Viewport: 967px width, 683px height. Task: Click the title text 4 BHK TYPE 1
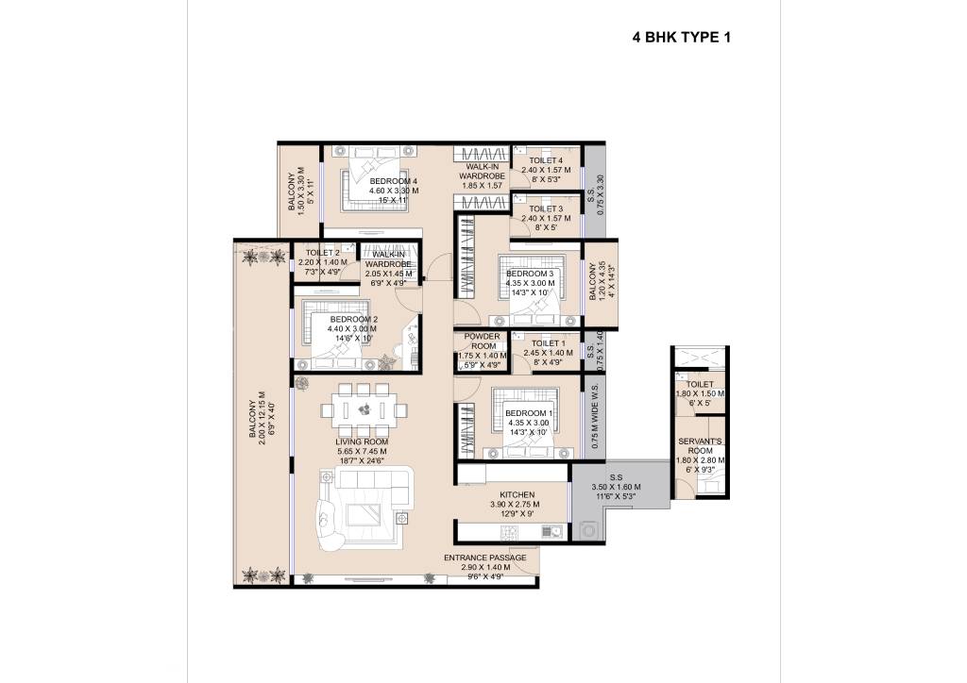(x=681, y=39)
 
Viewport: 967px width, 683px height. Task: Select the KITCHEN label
(x=513, y=494)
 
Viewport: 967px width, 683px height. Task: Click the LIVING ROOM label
(x=362, y=441)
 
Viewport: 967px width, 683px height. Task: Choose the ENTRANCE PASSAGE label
(x=484, y=558)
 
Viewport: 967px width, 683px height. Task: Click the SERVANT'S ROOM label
(x=700, y=446)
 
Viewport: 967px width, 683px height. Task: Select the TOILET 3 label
(x=546, y=208)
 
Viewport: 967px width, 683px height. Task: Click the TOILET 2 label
(x=318, y=252)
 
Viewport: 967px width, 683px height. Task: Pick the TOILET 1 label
(x=548, y=343)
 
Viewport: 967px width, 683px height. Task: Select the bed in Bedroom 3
(x=530, y=279)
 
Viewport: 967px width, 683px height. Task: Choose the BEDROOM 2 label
(x=354, y=320)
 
